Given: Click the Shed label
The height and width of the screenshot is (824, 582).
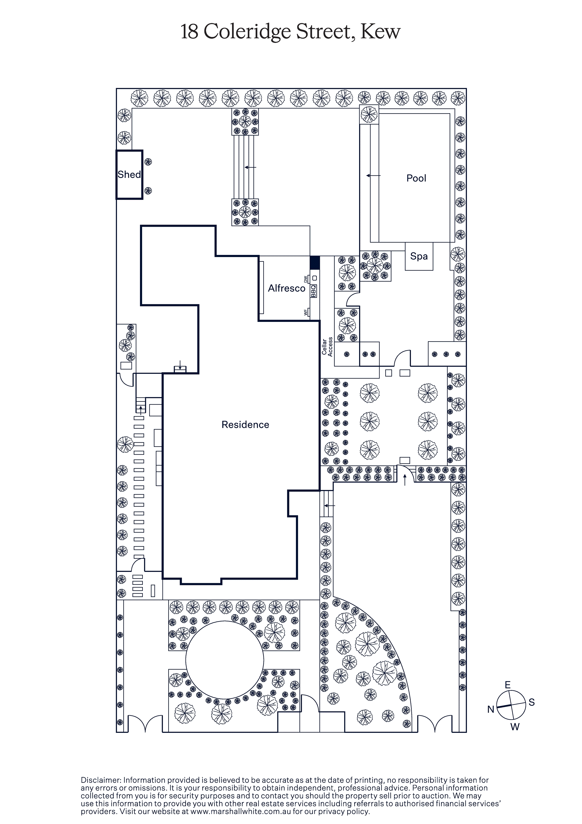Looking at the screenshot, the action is point(129,175).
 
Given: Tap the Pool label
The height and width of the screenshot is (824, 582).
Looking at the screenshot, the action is point(416,178).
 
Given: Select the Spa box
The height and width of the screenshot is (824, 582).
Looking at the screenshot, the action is point(419,256).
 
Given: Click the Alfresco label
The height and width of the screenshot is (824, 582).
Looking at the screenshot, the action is point(287,288).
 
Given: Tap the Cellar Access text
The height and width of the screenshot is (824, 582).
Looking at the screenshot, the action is point(327,347).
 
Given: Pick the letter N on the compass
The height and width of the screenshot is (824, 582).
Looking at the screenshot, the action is point(490,709).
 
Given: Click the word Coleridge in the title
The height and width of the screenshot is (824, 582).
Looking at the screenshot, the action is point(248,32).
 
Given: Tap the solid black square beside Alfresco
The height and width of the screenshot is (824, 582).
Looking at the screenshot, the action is point(315,263).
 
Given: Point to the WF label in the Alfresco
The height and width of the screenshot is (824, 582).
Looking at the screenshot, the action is point(306,312).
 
